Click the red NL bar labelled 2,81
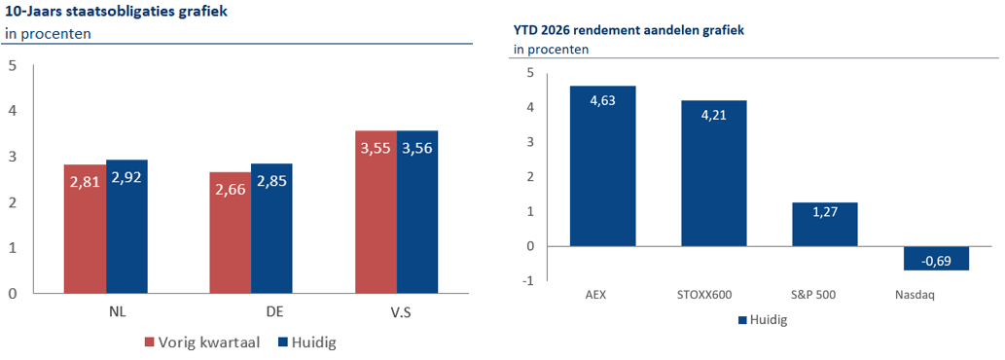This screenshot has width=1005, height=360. coord(85,229)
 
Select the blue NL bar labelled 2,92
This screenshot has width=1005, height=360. coord(126,226)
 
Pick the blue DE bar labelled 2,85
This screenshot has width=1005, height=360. coord(271,228)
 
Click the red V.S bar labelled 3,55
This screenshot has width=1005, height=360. coord(376,211)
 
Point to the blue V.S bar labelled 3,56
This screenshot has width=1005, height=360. coord(417,211)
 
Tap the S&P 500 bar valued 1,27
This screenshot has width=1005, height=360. coord(824,224)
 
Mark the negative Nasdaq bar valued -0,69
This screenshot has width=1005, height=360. coord(936,258)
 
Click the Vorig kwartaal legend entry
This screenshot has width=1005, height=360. coord(202,342)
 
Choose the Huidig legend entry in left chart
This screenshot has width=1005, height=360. coord(307,342)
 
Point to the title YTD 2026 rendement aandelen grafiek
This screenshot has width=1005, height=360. coord(628,29)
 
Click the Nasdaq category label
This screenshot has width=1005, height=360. coord(915,295)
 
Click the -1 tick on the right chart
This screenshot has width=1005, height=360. coord(529,281)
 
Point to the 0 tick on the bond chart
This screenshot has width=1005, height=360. coord(12,293)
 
